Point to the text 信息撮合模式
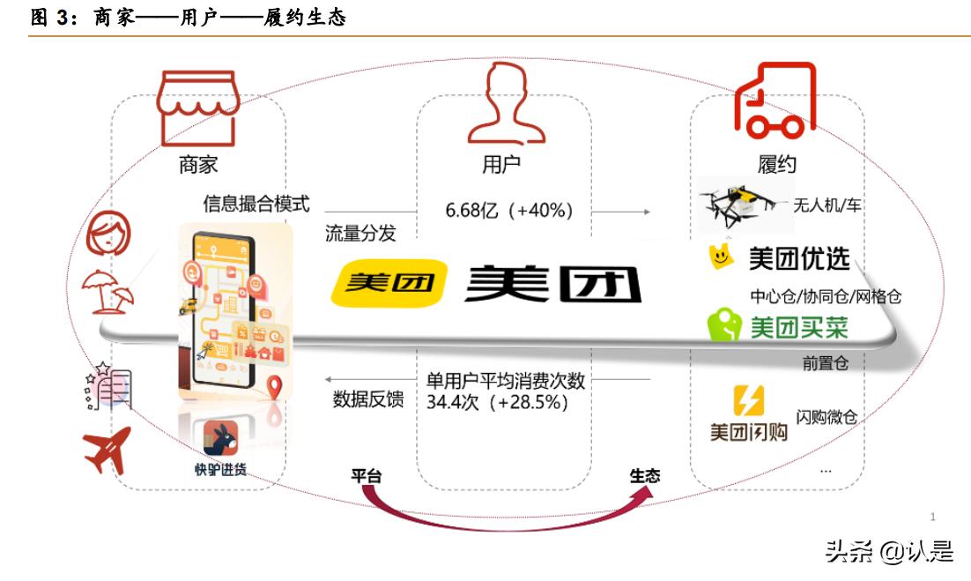tap(256, 205)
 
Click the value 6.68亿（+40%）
tap(509, 211)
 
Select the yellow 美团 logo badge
tap(389, 282)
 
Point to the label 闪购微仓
tap(826, 417)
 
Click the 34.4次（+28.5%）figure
tap(497, 402)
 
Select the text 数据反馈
tap(367, 399)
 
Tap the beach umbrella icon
tap(107, 289)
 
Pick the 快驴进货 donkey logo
tap(220, 437)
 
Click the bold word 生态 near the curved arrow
tap(645, 475)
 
